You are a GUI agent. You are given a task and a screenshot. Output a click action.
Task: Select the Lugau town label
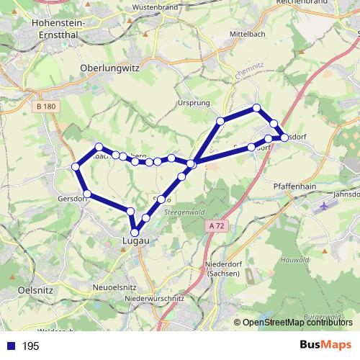(135, 242)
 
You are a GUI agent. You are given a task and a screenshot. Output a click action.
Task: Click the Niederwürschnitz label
(155, 298)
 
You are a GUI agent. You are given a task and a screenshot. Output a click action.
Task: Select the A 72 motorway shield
(215, 226)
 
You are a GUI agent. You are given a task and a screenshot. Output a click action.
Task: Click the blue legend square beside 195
(11, 346)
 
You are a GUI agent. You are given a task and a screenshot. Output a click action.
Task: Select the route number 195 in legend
(30, 346)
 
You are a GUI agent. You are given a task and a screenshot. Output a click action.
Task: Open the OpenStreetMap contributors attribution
(297, 323)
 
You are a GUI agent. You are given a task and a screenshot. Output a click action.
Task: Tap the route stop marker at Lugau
(134, 232)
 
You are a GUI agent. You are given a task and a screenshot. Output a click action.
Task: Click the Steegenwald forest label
(183, 212)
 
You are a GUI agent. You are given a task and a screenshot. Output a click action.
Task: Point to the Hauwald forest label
(294, 258)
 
